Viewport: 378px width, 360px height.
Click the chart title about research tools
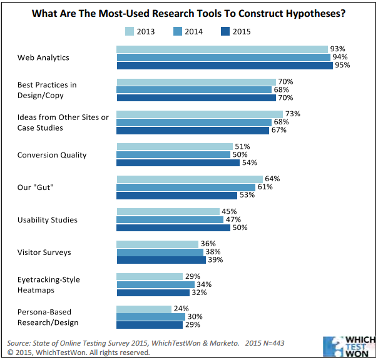[189, 13]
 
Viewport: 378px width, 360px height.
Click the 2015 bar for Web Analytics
[224, 65]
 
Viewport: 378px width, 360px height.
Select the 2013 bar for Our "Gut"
[181, 179]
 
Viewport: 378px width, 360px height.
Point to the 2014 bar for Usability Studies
[170, 219]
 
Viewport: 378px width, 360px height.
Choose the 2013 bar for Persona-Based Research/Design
[144, 309]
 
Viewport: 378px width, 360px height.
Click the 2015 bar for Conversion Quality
[178, 162]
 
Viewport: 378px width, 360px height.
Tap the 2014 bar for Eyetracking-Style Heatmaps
[155, 284]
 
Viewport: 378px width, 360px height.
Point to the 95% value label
[341, 65]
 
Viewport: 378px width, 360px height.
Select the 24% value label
[180, 309]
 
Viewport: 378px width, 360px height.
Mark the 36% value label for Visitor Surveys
[207, 244]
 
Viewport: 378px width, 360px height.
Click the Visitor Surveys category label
[44, 252]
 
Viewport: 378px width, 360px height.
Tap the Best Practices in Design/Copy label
[48, 89]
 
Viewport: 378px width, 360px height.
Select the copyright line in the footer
[78, 352]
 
